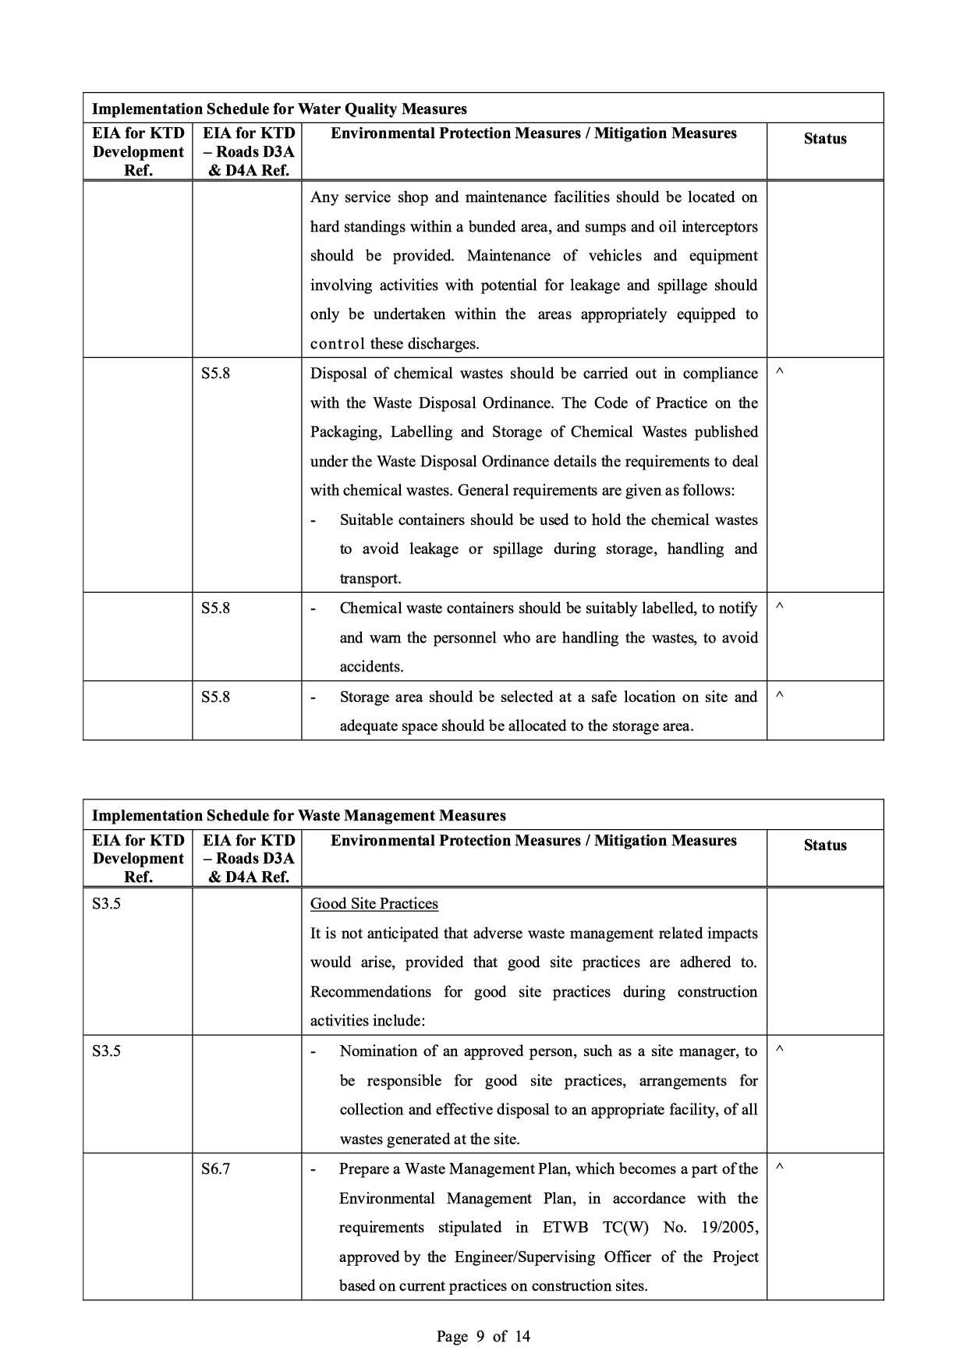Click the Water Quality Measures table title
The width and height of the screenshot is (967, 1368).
pyautogui.click(x=279, y=109)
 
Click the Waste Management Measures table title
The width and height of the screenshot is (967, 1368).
pyautogui.click(x=299, y=816)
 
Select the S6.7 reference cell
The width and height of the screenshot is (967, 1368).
pyautogui.click(x=215, y=1169)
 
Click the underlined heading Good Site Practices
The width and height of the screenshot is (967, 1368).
pyautogui.click(x=374, y=904)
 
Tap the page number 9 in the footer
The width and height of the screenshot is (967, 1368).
pyautogui.click(x=480, y=1336)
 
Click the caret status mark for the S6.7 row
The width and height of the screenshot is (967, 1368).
pyautogui.click(x=780, y=1168)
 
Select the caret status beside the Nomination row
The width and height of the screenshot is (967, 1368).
pyautogui.click(x=780, y=1051)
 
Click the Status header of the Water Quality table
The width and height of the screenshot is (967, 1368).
pyautogui.click(x=825, y=139)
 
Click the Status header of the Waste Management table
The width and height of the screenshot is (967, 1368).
pyautogui.click(x=825, y=845)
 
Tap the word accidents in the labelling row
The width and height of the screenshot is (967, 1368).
pyautogui.click(x=371, y=667)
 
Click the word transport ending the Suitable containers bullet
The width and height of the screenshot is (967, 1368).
pyautogui.click(x=370, y=579)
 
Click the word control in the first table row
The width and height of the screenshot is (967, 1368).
pyautogui.click(x=338, y=344)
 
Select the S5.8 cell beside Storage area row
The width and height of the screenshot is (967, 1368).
pyautogui.click(x=215, y=697)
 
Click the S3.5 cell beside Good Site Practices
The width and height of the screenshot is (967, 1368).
pyautogui.click(x=106, y=904)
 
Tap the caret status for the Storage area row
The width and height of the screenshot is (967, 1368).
pyautogui.click(x=780, y=696)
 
